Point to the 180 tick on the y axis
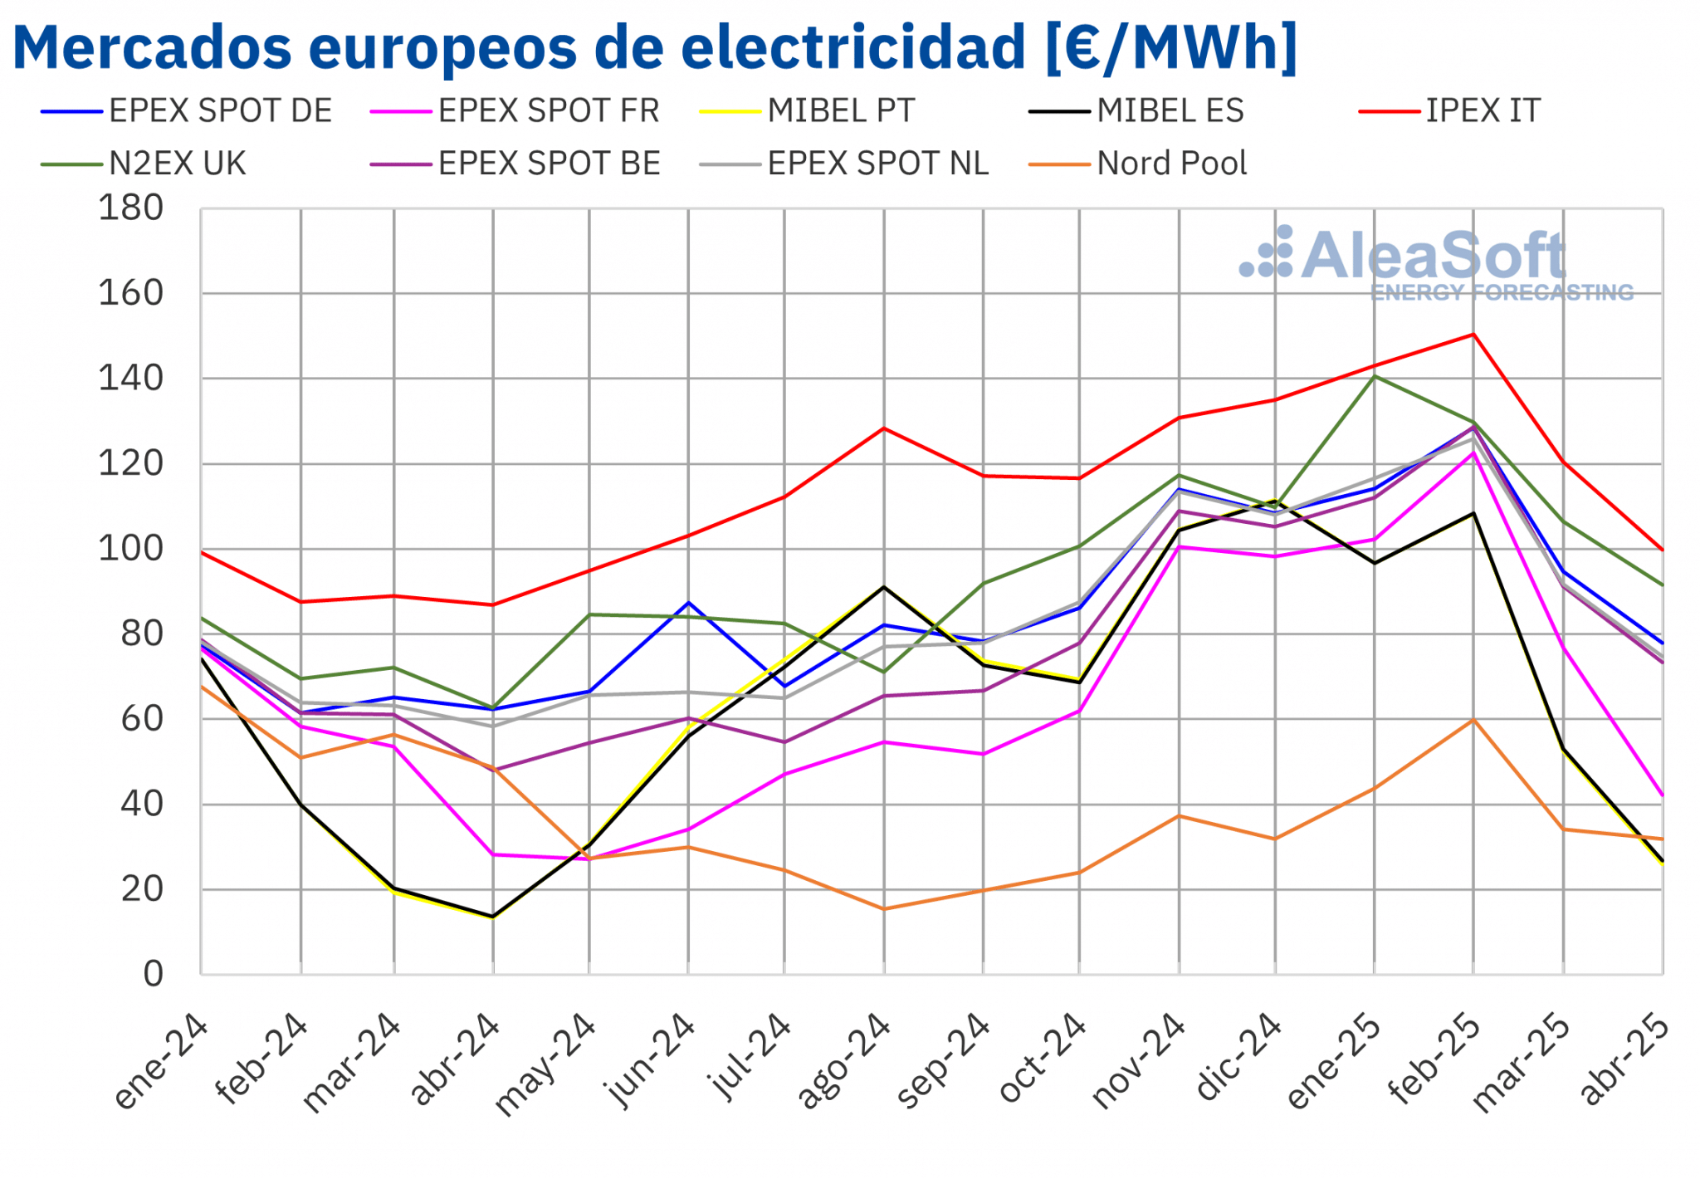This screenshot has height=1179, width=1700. pyautogui.click(x=131, y=208)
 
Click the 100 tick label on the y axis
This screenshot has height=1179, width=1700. pyautogui.click(x=131, y=549)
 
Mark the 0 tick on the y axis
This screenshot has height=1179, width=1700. pyautogui.click(x=154, y=974)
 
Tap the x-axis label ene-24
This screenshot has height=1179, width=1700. pyautogui.click(x=161, y=1062)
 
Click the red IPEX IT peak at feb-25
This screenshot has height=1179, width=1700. pyautogui.click(x=1473, y=335)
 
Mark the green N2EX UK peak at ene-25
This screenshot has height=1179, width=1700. pyautogui.click(x=1375, y=377)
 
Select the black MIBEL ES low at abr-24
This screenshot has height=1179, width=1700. pyautogui.click(x=493, y=917)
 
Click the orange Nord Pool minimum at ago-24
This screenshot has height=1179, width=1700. pyautogui.click(x=884, y=909)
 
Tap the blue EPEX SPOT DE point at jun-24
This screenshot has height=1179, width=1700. pyautogui.click(x=688, y=603)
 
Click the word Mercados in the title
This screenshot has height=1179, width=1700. pyautogui.click(x=152, y=47)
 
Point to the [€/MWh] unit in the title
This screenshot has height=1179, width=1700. pyautogui.click(x=1170, y=47)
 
